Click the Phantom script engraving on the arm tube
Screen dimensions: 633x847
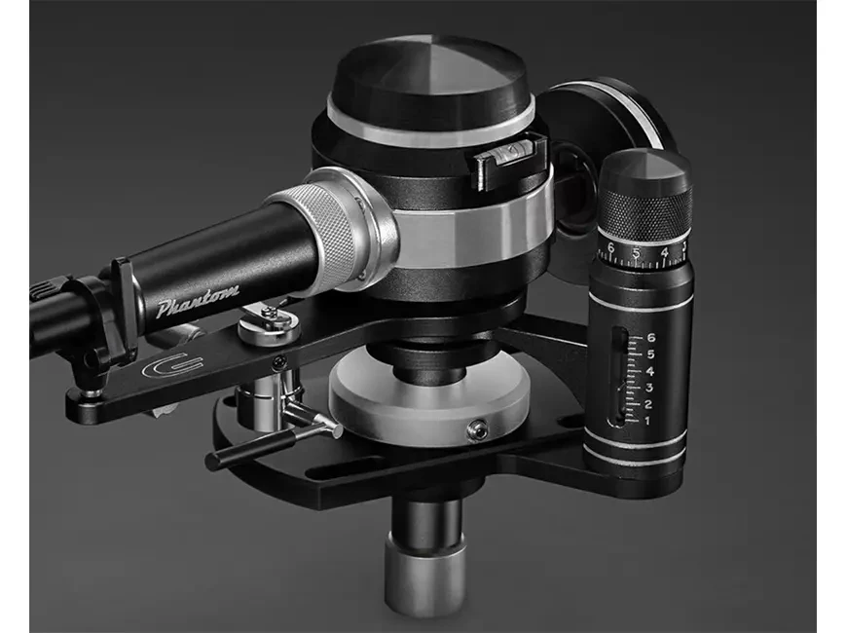(198, 303)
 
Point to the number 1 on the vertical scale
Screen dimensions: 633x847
(646, 420)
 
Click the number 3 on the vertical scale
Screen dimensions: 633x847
(648, 388)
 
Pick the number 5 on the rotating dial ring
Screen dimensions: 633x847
(637, 255)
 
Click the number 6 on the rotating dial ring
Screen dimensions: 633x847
(610, 250)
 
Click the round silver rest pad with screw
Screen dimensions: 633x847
(270, 321)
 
